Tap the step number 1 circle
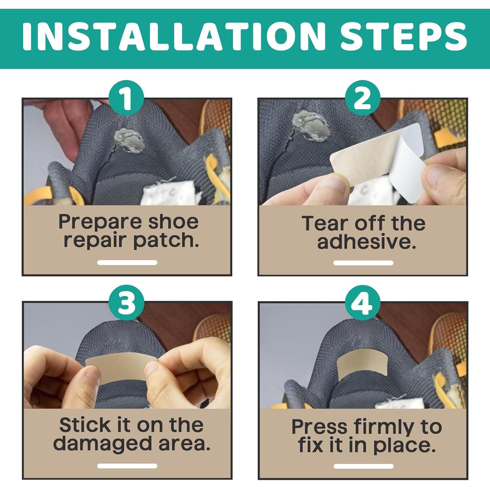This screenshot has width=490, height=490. click(x=126, y=98)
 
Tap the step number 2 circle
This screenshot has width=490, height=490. click(x=363, y=98)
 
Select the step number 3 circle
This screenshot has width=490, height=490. click(x=126, y=302)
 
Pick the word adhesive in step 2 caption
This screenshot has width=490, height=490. click(x=367, y=242)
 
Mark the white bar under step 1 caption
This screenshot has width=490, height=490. click(x=127, y=262)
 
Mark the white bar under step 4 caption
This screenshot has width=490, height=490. click(x=363, y=466)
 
